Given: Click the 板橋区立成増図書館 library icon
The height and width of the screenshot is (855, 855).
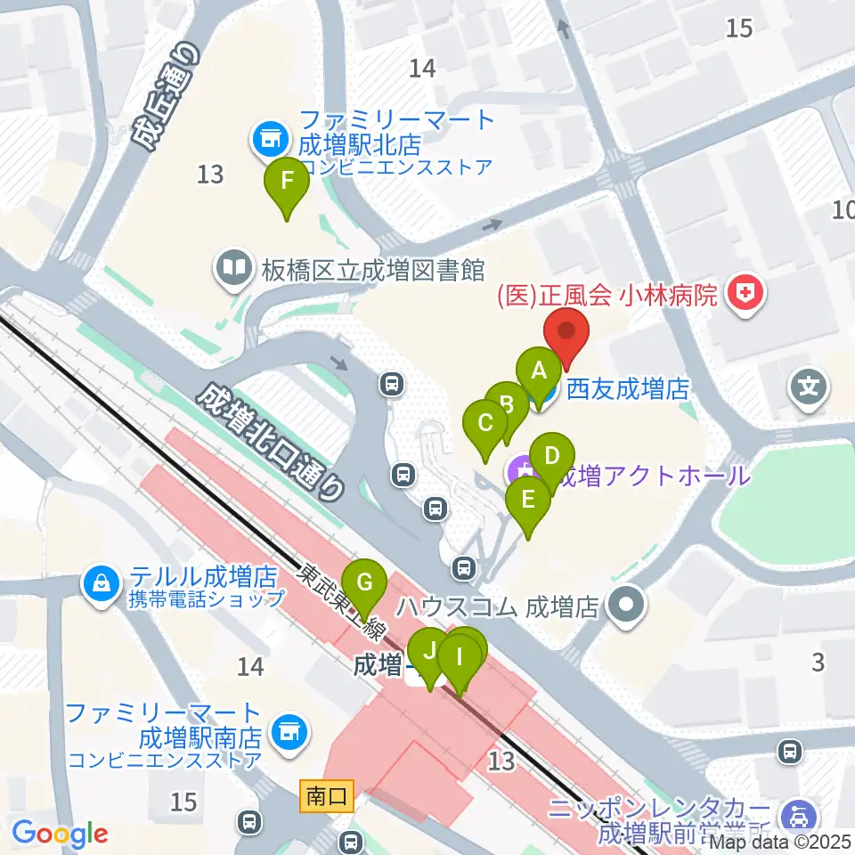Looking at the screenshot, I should pos(233,268).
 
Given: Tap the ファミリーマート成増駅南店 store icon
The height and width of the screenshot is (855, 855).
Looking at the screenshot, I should pos(288,732).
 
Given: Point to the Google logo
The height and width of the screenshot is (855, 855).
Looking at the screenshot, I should pos(60,835).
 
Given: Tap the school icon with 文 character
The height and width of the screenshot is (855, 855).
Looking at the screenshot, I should pos(810,387).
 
